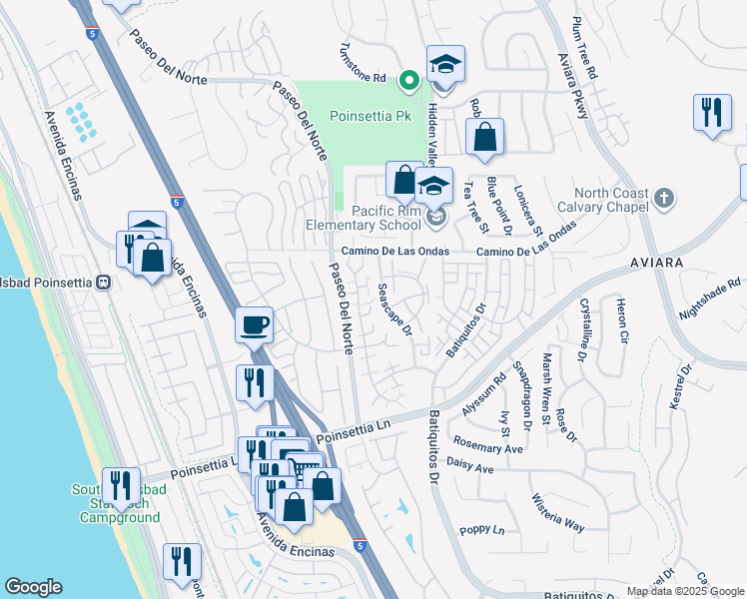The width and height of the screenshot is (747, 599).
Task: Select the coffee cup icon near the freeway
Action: point(255,324)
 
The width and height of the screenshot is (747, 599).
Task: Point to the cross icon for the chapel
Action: point(661,196)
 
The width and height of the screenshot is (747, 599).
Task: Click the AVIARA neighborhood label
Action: point(656,262)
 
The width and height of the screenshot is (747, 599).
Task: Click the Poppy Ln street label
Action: point(481,530)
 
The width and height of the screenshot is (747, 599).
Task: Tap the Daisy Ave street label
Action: point(470,466)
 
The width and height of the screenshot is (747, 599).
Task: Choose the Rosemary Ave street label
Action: point(487,447)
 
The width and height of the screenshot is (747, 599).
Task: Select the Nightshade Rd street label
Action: point(712,298)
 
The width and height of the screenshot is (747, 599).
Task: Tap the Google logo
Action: point(33,587)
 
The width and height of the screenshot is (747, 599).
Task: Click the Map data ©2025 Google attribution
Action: point(684,591)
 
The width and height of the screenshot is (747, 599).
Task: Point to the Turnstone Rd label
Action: point(364,62)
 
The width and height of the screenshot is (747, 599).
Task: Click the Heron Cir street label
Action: point(621,321)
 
